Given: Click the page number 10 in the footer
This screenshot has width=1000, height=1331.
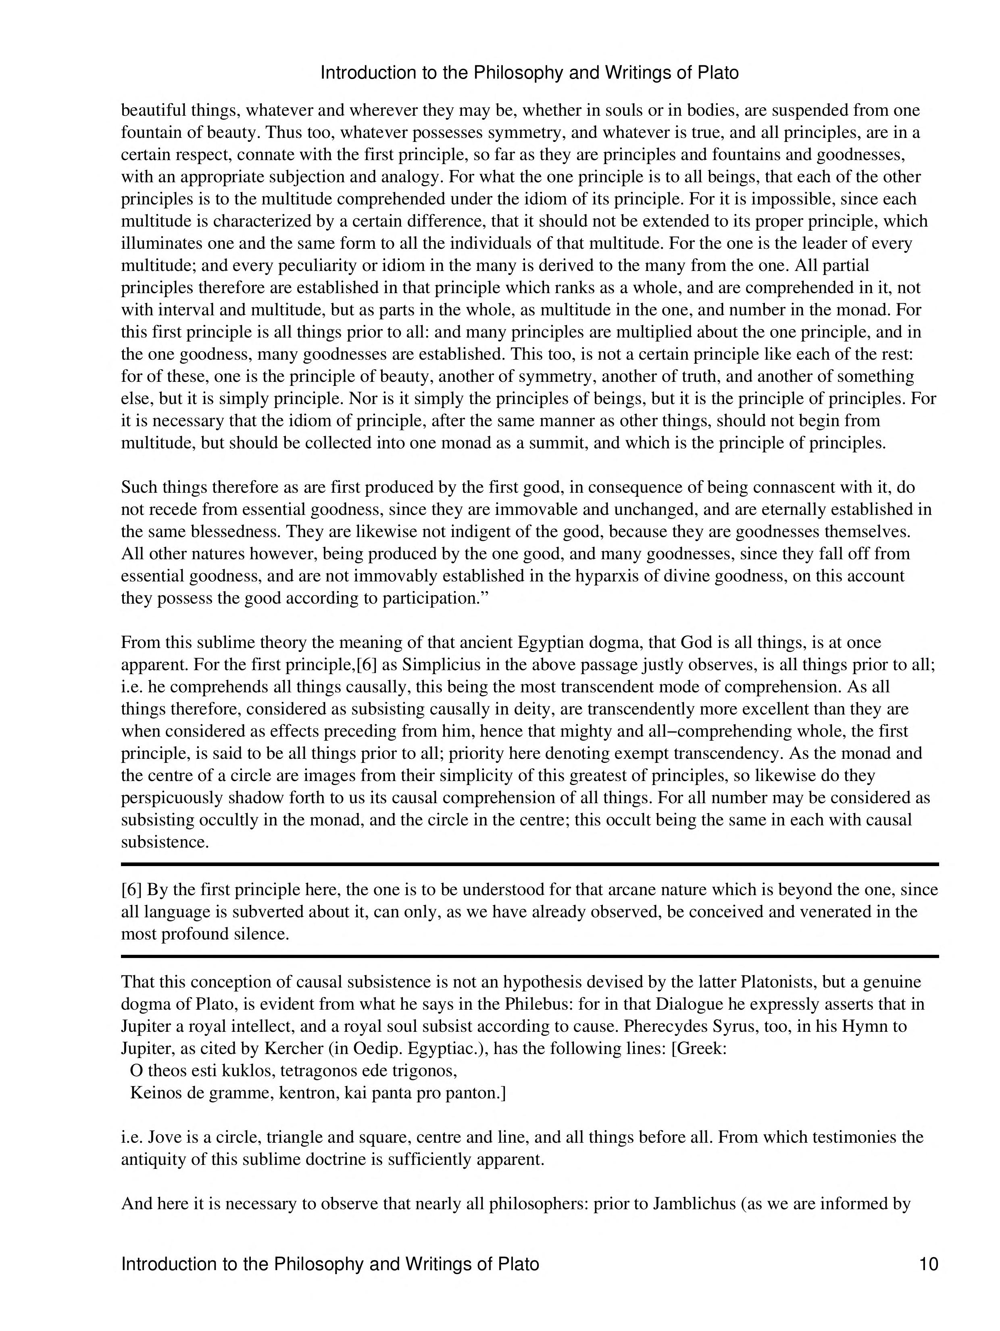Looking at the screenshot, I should [x=928, y=1264].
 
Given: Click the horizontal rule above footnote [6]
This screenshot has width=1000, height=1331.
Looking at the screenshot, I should [x=529, y=864].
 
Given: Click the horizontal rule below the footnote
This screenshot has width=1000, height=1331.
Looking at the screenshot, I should [x=529, y=956].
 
